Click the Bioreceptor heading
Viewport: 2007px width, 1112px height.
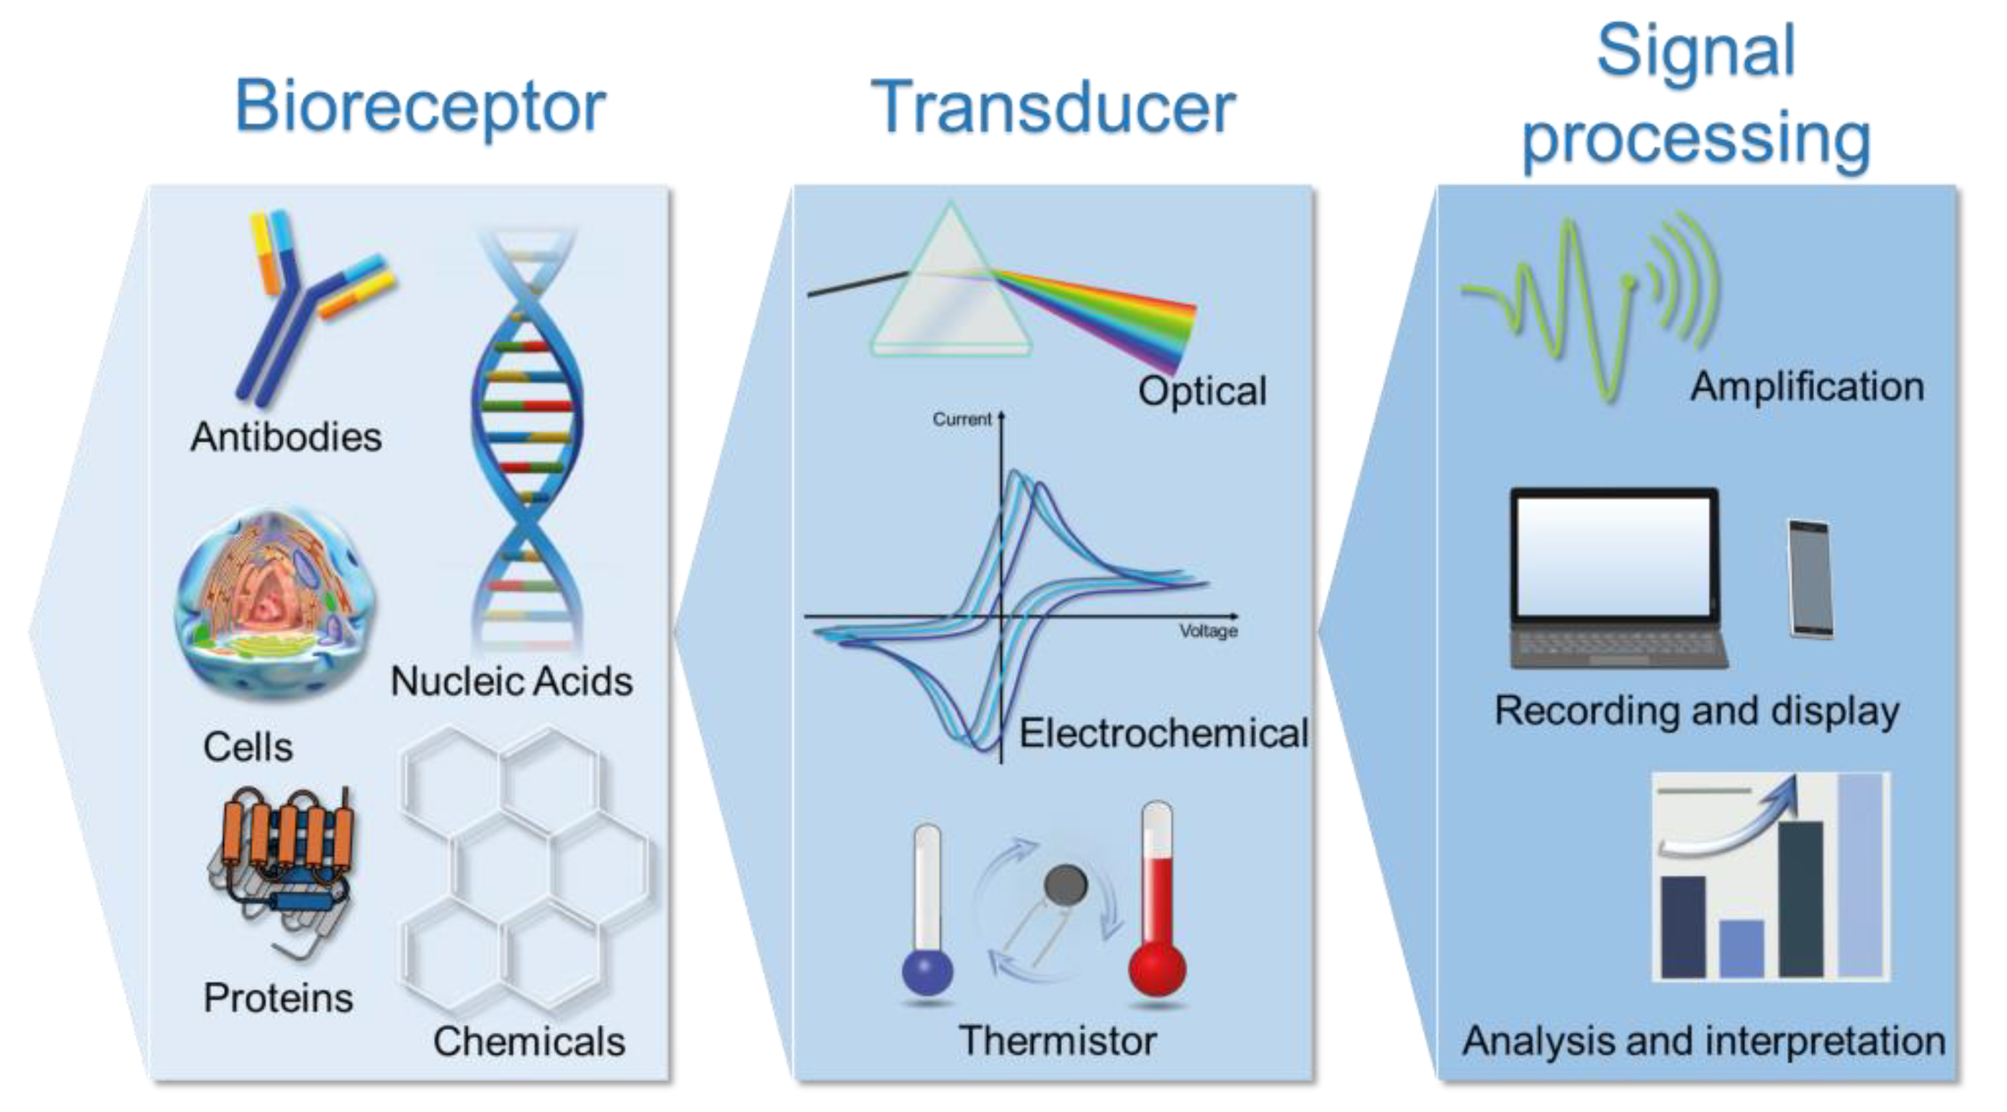(x=420, y=107)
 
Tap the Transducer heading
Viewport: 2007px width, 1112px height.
(x=1052, y=107)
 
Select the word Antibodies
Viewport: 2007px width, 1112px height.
(x=286, y=437)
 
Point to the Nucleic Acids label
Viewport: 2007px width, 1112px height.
(x=511, y=682)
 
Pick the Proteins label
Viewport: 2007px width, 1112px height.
(x=278, y=998)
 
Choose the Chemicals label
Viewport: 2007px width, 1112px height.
(x=529, y=1041)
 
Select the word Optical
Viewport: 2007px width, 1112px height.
(x=1202, y=391)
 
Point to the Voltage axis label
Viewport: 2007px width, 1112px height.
(x=1208, y=630)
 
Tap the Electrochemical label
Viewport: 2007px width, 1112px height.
(x=1163, y=733)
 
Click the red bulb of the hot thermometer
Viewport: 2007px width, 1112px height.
(x=1158, y=969)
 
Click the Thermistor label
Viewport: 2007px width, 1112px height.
(x=1057, y=1041)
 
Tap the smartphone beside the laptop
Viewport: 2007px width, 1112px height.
(x=1810, y=578)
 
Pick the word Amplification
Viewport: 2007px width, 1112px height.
(x=1807, y=387)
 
